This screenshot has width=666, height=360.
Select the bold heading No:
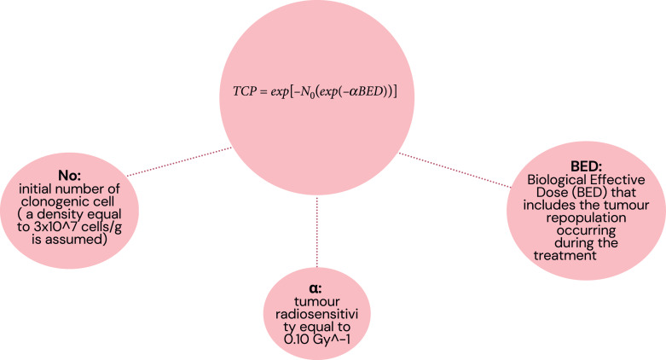tap(68, 175)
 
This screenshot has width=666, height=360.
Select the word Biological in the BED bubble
tap(552, 182)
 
